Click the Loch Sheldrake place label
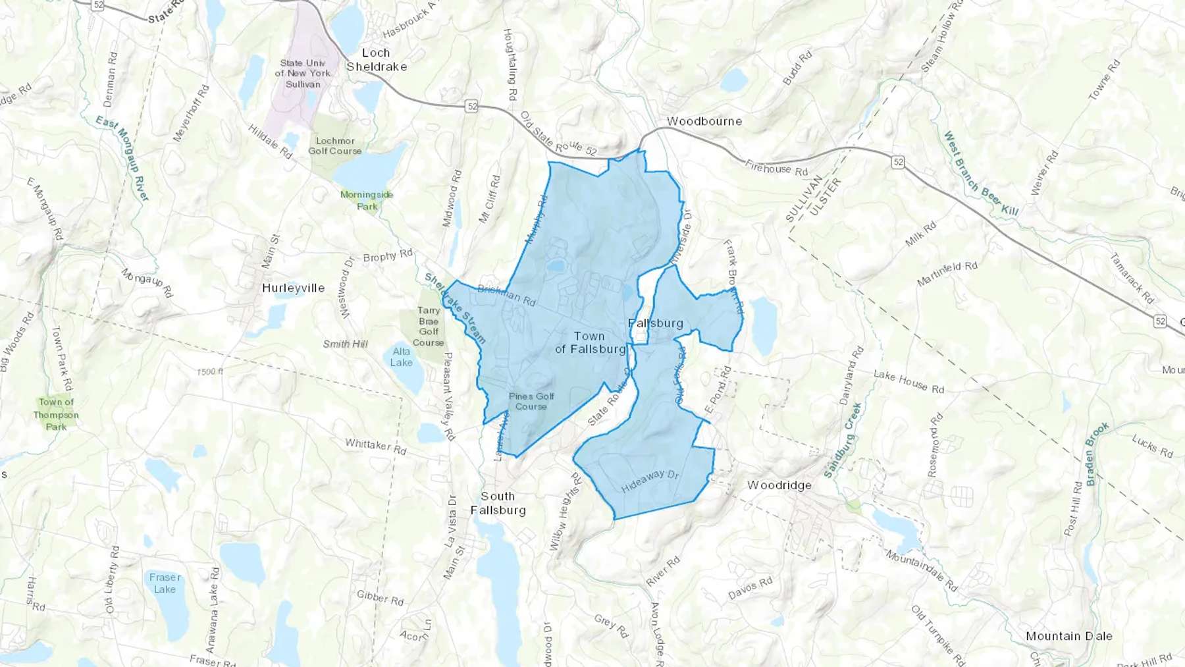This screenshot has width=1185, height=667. [377, 60]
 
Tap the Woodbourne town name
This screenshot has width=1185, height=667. [704, 121]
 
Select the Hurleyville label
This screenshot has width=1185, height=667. [294, 288]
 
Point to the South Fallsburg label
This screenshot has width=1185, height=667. [498, 503]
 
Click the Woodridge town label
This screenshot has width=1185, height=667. [779, 485]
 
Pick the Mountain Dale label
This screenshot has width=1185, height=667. [1069, 636]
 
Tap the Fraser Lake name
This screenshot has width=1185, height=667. [165, 583]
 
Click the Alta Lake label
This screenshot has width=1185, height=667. [401, 357]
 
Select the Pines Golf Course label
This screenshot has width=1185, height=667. [531, 401]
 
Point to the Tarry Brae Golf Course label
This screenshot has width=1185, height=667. [429, 327]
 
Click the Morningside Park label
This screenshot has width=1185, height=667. [367, 200]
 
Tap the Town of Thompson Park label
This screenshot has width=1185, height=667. [56, 414]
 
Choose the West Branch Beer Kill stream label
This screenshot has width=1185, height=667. [981, 174]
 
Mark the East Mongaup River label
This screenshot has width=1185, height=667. [122, 158]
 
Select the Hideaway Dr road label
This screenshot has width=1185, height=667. [650, 481]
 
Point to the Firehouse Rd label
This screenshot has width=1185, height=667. [776, 168]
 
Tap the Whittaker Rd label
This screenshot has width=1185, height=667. [376, 447]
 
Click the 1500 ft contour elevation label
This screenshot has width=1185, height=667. [210, 372]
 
